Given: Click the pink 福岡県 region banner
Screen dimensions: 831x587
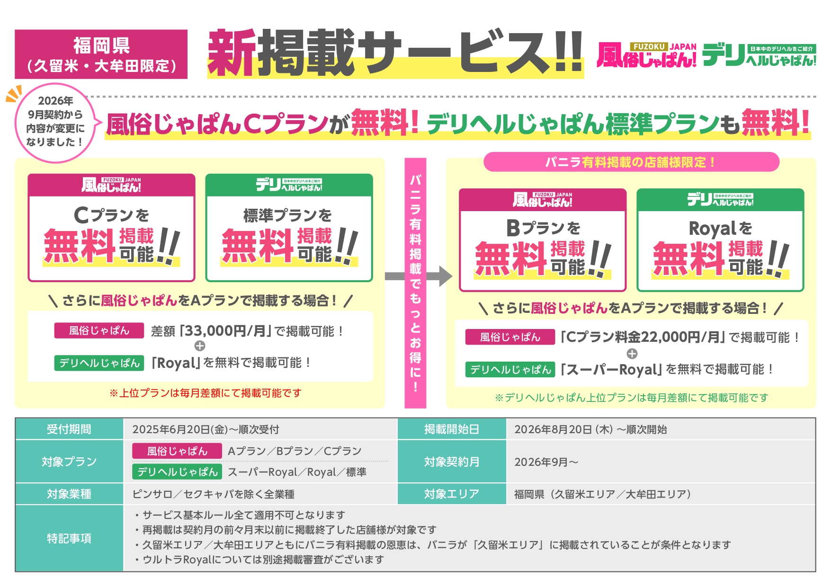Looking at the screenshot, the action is click(x=101, y=54).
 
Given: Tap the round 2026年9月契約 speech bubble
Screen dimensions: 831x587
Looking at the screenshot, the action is click(x=55, y=122).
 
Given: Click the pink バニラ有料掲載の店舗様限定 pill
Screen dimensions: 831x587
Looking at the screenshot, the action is click(x=631, y=162).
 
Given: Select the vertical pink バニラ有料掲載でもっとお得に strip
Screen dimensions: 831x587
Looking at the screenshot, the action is click(x=415, y=283).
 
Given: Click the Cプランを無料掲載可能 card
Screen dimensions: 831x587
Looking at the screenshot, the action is click(x=111, y=228).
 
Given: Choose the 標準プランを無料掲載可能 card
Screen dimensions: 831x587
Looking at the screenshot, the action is click(x=289, y=228).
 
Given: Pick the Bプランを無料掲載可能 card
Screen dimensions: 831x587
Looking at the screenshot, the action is click(x=543, y=240).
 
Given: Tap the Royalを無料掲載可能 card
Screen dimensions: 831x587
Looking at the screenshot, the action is click(x=720, y=240).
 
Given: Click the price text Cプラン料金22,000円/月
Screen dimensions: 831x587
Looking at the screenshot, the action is click(x=643, y=337).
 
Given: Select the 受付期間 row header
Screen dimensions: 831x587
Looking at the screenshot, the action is click(x=69, y=429).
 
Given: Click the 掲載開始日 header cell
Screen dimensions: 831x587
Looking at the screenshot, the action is click(x=452, y=429).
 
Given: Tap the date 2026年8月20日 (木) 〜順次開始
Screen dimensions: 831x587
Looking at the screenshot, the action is click(x=590, y=429).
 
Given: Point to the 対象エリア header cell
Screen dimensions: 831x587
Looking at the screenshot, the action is click(x=452, y=494).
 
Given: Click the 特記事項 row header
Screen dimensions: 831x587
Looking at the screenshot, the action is click(x=69, y=538).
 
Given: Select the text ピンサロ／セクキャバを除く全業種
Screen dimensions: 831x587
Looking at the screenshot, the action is click(x=213, y=494).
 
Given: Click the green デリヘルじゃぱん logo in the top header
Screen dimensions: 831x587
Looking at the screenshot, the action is click(x=759, y=55).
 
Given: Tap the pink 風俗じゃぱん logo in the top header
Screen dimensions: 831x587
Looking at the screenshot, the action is click(x=646, y=55).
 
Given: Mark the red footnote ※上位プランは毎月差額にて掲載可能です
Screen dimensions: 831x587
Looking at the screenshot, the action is click(x=206, y=393).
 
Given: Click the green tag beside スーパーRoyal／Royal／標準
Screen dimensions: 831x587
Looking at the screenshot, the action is click(x=177, y=472).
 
